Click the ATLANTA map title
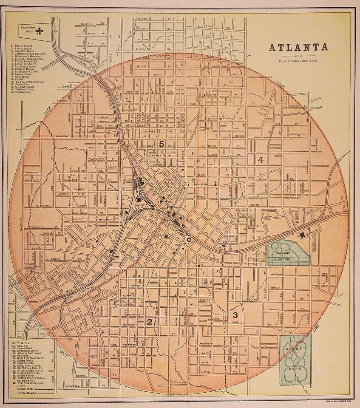tap(298, 47)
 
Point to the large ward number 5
tap(162, 144)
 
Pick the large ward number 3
tap(235, 315)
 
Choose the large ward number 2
tap(149, 321)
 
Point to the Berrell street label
tap(81, 376)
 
